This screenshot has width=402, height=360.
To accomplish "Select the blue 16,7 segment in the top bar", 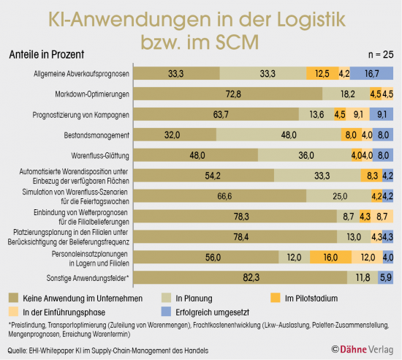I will click(x=372, y=74).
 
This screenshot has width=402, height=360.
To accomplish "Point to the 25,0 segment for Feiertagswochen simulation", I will click(x=340, y=196).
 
